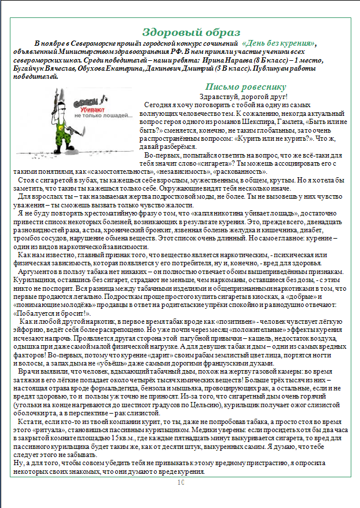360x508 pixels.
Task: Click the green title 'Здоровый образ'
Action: click(x=183, y=32)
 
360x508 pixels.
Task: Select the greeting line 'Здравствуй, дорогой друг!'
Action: click(x=243, y=96)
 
